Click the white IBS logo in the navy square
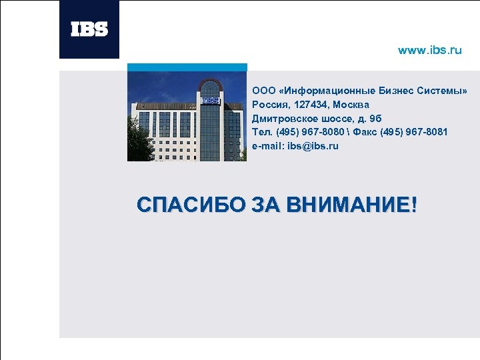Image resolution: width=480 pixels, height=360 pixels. click(x=89, y=29)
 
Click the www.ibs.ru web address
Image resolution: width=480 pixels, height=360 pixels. click(x=429, y=51)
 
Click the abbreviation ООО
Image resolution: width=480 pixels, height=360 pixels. click(x=262, y=90)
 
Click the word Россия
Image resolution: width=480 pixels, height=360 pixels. click(x=269, y=105)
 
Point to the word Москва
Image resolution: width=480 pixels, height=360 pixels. click(x=351, y=105)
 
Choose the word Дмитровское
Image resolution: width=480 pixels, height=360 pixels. click(x=283, y=118)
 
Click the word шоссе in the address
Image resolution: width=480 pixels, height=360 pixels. click(x=335, y=118)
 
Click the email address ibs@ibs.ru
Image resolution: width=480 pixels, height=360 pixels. click(x=313, y=146)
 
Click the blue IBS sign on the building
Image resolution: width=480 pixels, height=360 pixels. click(x=211, y=101)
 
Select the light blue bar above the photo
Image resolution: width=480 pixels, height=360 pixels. click(x=187, y=67)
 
